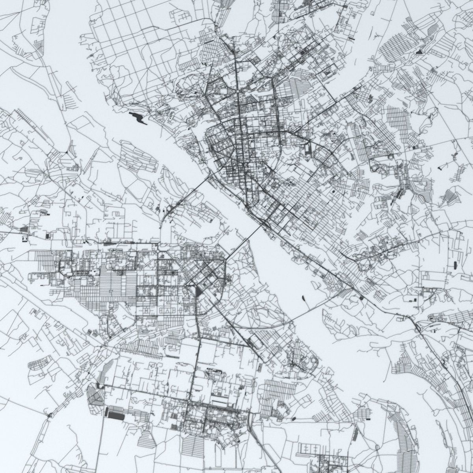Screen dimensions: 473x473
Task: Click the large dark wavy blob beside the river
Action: coord(138,117)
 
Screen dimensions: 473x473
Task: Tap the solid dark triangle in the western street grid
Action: coord(198,292)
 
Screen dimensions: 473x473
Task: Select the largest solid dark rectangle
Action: coord(116,416)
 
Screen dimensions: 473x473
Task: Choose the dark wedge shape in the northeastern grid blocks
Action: coord(419,51)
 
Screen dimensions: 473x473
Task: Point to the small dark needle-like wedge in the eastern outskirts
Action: coord(440,168)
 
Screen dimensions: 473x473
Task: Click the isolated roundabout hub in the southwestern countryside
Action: coord(50,415)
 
